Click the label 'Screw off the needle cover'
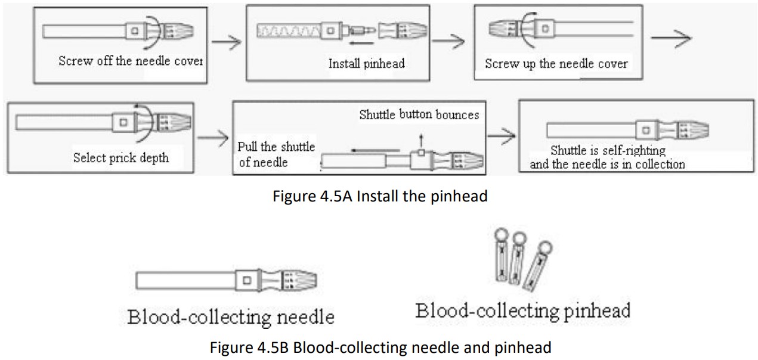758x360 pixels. (131, 61)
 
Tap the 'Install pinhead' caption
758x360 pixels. (366, 63)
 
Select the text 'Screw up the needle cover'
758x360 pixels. (556, 64)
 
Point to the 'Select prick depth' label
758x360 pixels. (120, 157)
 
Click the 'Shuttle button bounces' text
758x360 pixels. (419, 114)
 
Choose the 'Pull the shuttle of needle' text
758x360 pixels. (276, 154)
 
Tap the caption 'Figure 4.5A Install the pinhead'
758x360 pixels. (380, 196)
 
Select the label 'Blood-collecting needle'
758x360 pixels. (230, 316)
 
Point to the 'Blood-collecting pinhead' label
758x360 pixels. (522, 311)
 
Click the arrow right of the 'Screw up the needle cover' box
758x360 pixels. (671, 38)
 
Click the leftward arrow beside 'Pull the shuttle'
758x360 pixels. (375, 151)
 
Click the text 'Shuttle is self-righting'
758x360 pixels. (607, 151)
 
